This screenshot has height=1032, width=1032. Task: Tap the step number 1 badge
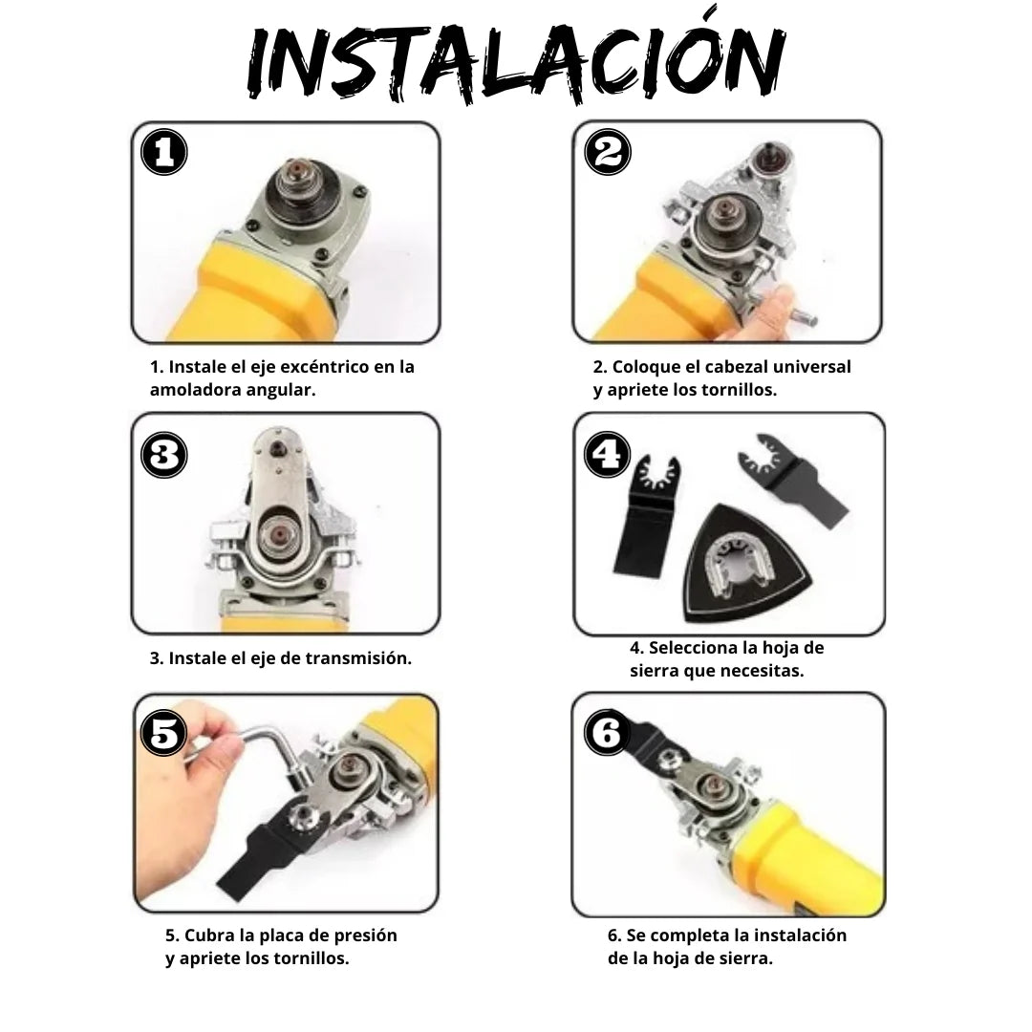point(164,152)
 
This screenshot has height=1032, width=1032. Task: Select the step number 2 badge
point(607,152)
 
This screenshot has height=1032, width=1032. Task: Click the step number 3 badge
point(164,456)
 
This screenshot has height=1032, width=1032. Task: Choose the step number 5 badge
point(164,734)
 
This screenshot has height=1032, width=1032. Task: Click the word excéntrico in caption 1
point(324,367)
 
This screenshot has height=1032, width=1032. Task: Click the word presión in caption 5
point(364,935)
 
